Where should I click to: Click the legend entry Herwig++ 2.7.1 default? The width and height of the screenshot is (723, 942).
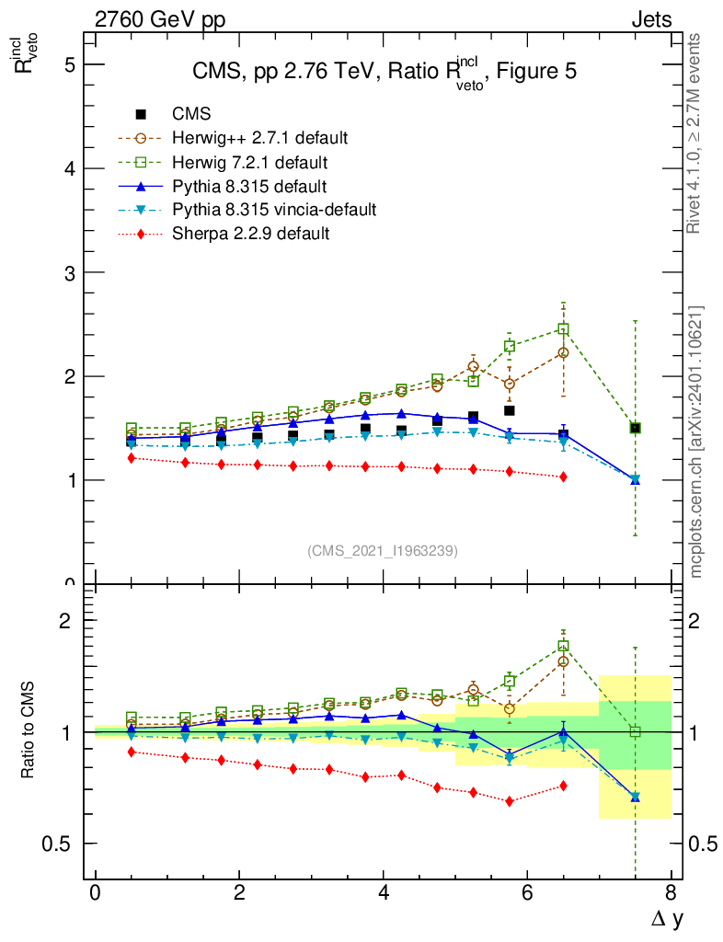260,138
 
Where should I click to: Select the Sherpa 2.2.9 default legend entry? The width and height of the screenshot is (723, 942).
251,234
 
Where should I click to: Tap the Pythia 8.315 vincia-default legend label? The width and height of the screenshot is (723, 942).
274,210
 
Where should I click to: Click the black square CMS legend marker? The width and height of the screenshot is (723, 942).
141,114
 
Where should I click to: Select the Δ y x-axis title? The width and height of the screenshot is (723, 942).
667,917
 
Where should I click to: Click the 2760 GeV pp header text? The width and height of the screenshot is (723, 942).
159,19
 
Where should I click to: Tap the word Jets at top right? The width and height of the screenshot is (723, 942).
650,19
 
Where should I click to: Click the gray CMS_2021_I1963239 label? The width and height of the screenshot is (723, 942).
382,551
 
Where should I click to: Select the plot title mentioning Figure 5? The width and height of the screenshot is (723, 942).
384,72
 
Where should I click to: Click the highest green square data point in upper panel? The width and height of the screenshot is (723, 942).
563,328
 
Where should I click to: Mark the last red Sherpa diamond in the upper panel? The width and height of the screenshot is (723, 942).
563,477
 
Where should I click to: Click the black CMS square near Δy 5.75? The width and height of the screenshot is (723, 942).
509,410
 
